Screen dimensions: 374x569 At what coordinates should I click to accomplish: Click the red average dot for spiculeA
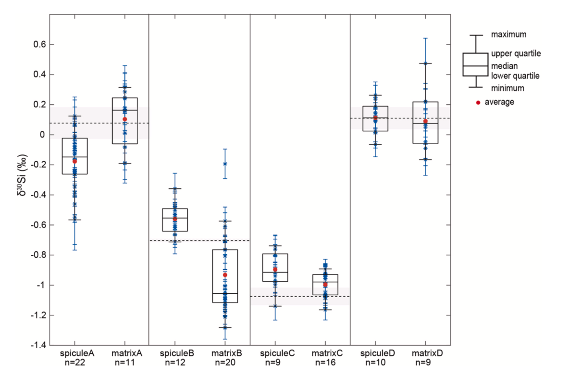pyautogui.click(x=74, y=161)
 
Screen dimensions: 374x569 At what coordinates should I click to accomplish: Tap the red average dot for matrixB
pyautogui.click(x=225, y=275)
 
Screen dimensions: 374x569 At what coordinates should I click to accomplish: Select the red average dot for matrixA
pyautogui.click(x=124, y=119)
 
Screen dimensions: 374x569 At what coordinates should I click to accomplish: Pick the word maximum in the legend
pyautogui.click(x=508, y=35)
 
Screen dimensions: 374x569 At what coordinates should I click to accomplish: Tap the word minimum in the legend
pyautogui.click(x=507, y=88)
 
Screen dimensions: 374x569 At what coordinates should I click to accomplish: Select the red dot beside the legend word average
pyautogui.click(x=478, y=102)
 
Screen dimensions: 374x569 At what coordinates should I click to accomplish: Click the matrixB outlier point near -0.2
pyautogui.click(x=225, y=164)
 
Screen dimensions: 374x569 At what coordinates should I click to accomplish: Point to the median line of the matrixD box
pyautogui.click(x=425, y=124)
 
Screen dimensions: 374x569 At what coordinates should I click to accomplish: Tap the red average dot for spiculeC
pyautogui.click(x=275, y=270)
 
